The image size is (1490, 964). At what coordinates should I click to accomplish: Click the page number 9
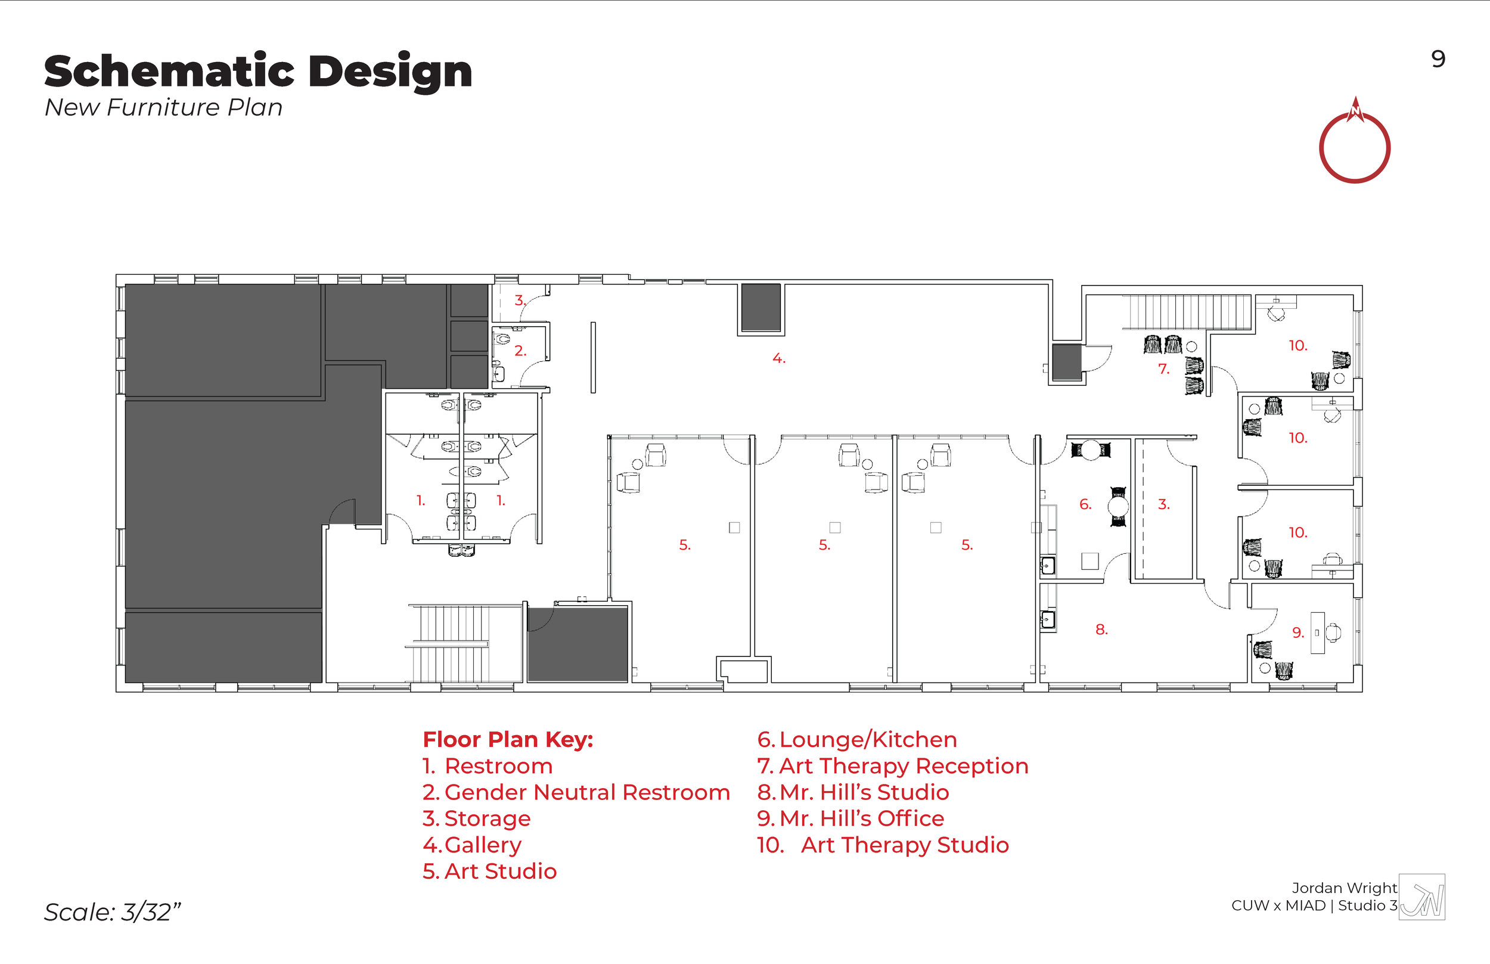(x=1438, y=60)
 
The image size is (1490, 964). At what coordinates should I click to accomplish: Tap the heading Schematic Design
(x=258, y=72)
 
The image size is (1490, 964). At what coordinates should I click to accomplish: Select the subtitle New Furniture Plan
(x=163, y=108)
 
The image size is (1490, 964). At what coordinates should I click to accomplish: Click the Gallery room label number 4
(x=778, y=359)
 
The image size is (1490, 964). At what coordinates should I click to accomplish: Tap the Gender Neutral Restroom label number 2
(x=519, y=351)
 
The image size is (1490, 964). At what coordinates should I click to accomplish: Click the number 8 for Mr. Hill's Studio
(x=1101, y=630)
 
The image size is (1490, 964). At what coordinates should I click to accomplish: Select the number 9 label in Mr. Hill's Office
(x=1297, y=633)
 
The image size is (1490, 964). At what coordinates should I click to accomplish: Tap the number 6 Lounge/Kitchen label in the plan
(x=1085, y=504)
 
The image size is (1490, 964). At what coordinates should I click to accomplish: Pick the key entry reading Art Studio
(x=489, y=872)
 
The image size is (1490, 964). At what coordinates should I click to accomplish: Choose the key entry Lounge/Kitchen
(x=856, y=740)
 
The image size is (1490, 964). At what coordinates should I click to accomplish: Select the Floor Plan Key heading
(x=508, y=740)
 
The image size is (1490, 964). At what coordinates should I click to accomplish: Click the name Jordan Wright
(x=1343, y=888)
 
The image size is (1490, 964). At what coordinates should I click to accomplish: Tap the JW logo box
(x=1421, y=897)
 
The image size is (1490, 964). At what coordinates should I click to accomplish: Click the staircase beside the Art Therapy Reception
(x=1186, y=312)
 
